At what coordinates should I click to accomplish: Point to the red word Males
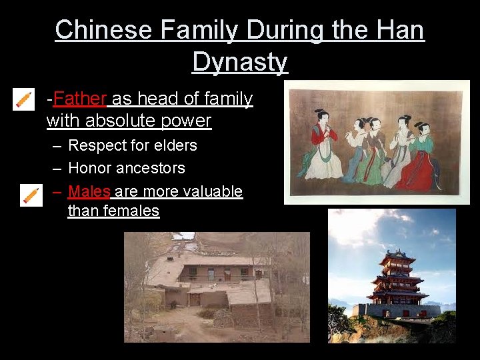pos(89,191)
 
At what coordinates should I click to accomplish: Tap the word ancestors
pos(152,168)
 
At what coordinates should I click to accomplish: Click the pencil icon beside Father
pos(23,99)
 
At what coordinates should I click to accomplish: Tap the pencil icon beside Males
pos(31,195)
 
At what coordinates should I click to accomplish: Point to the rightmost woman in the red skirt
pos(427,153)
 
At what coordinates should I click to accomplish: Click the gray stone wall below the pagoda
pos(400,311)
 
